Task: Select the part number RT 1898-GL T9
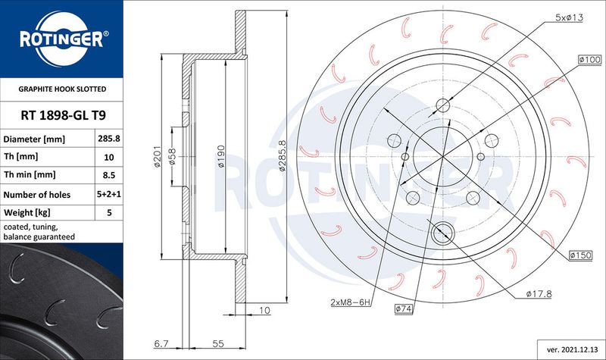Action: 63,115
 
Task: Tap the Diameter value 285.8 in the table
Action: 109,138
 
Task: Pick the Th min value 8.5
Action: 109,175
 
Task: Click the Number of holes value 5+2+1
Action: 109,194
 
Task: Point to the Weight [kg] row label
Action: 27,212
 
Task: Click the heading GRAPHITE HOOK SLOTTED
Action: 62,89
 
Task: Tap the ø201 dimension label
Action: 157,156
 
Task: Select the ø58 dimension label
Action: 173,156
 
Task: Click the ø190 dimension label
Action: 220,156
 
